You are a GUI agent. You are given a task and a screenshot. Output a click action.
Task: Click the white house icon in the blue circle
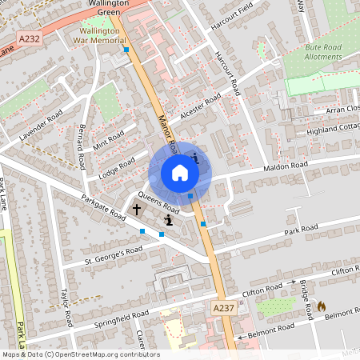pos(180,173)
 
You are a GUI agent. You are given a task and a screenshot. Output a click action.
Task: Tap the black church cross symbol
pos(137,210)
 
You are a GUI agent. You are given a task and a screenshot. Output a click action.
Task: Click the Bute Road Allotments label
pos(323,52)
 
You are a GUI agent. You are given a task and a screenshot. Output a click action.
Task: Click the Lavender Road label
pos(41,127)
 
